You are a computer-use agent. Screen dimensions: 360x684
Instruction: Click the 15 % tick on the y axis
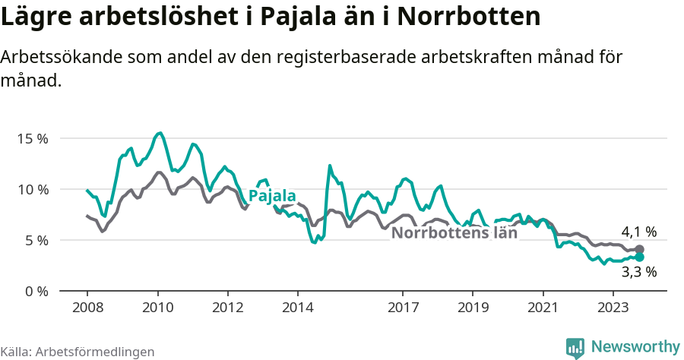(x=33, y=139)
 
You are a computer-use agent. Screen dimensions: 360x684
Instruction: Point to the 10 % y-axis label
(x=33, y=189)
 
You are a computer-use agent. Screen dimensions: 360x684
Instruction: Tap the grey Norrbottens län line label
(x=454, y=233)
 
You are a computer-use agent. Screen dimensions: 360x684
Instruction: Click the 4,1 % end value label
(x=638, y=232)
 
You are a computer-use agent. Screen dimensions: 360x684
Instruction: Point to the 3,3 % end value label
(x=638, y=271)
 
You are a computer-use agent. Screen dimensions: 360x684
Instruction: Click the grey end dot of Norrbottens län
(x=639, y=249)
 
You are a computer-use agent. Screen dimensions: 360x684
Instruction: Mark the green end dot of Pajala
(x=639, y=257)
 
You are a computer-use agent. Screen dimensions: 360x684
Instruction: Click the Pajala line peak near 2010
(x=159, y=133)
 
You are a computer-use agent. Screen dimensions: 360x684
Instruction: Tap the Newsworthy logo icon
(x=575, y=347)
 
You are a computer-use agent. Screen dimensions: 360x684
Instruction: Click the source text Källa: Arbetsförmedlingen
(x=78, y=352)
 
